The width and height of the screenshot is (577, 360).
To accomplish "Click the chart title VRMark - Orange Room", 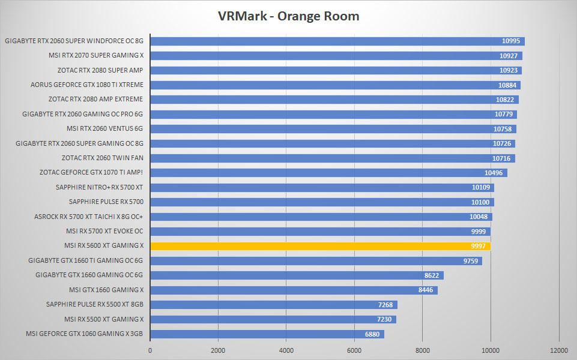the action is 288,16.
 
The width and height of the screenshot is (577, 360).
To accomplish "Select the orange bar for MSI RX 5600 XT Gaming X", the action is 321,246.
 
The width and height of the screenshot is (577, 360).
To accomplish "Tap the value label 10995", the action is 511,41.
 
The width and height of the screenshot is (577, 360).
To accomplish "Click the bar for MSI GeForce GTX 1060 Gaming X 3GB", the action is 267,334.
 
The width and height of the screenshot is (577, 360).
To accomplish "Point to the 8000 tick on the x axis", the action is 423,350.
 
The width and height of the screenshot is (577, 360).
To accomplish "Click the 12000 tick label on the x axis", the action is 558,350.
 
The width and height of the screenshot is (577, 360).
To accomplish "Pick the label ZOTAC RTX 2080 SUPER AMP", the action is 100,70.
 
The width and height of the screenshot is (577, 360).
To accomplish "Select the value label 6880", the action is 372,334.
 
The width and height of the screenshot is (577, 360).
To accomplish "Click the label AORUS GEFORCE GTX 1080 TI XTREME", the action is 87,85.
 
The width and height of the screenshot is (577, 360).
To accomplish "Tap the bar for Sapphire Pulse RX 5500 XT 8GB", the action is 274,305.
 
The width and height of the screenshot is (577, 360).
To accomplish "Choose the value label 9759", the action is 470,261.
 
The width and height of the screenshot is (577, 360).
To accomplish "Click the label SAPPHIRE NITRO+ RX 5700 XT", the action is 99,187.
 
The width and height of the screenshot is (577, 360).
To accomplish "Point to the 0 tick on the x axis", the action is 150,350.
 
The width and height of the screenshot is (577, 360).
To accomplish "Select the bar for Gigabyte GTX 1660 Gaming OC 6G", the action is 297,275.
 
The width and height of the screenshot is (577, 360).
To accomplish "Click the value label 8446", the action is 426,290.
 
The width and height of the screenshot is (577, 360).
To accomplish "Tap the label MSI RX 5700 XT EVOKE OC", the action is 104,231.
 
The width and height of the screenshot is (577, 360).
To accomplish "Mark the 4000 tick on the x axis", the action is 286,350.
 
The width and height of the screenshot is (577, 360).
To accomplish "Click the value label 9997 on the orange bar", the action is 478,246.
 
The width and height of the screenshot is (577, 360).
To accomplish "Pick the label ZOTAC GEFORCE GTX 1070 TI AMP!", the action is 91,172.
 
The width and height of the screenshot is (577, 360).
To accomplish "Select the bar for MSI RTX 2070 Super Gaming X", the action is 336,56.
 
